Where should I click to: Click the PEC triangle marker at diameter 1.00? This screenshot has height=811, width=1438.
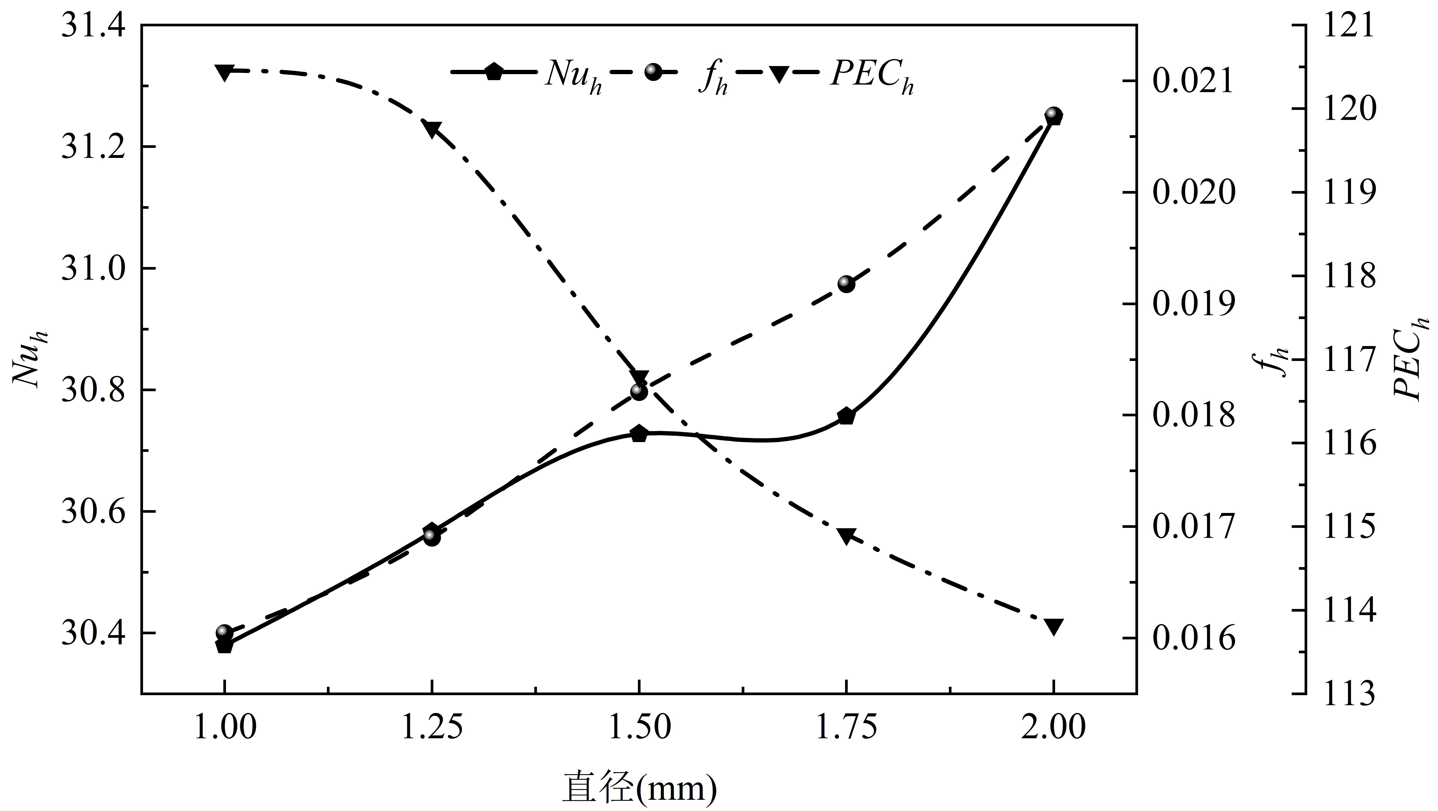224,71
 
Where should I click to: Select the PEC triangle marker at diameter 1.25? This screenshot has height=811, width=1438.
432,128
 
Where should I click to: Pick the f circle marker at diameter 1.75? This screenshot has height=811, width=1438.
846,284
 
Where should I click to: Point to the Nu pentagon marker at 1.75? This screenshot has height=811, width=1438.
846,416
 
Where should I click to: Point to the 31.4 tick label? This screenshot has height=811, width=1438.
93,26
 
